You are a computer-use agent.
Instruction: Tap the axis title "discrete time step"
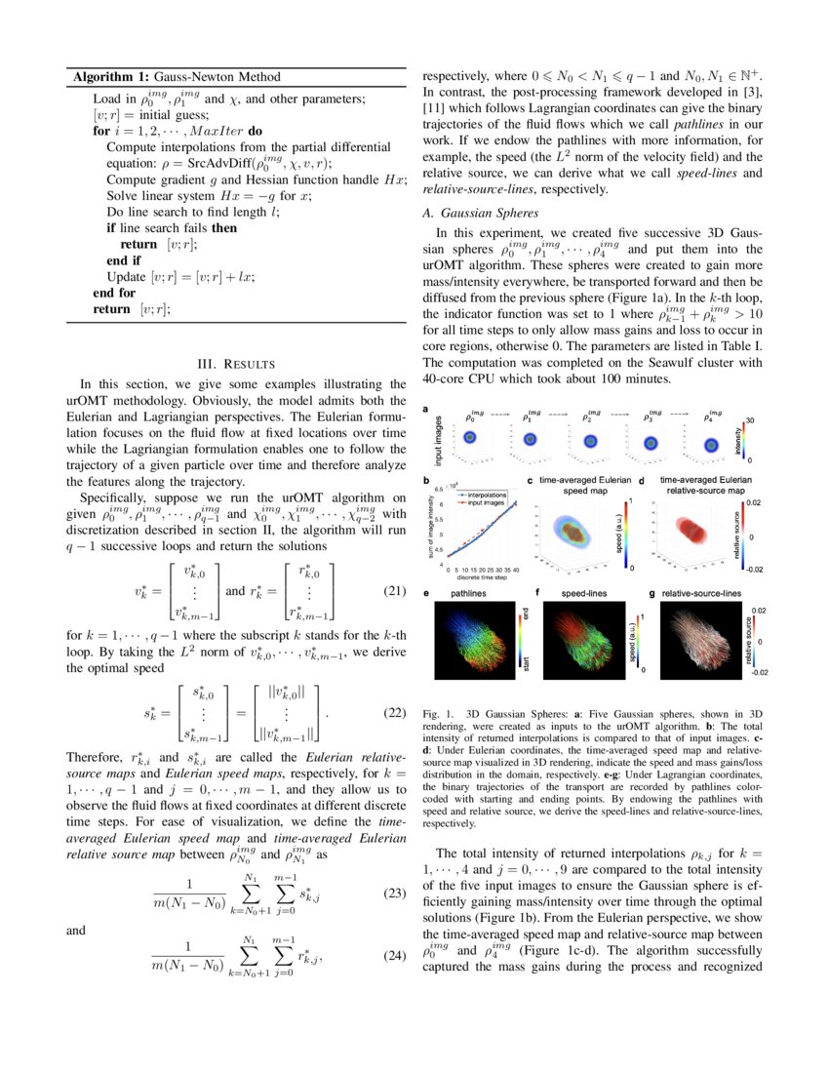482,576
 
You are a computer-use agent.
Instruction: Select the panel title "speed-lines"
583,593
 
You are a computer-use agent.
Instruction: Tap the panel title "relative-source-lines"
700,593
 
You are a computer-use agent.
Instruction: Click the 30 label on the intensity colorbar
749,418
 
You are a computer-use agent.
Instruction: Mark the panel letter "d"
642,481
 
